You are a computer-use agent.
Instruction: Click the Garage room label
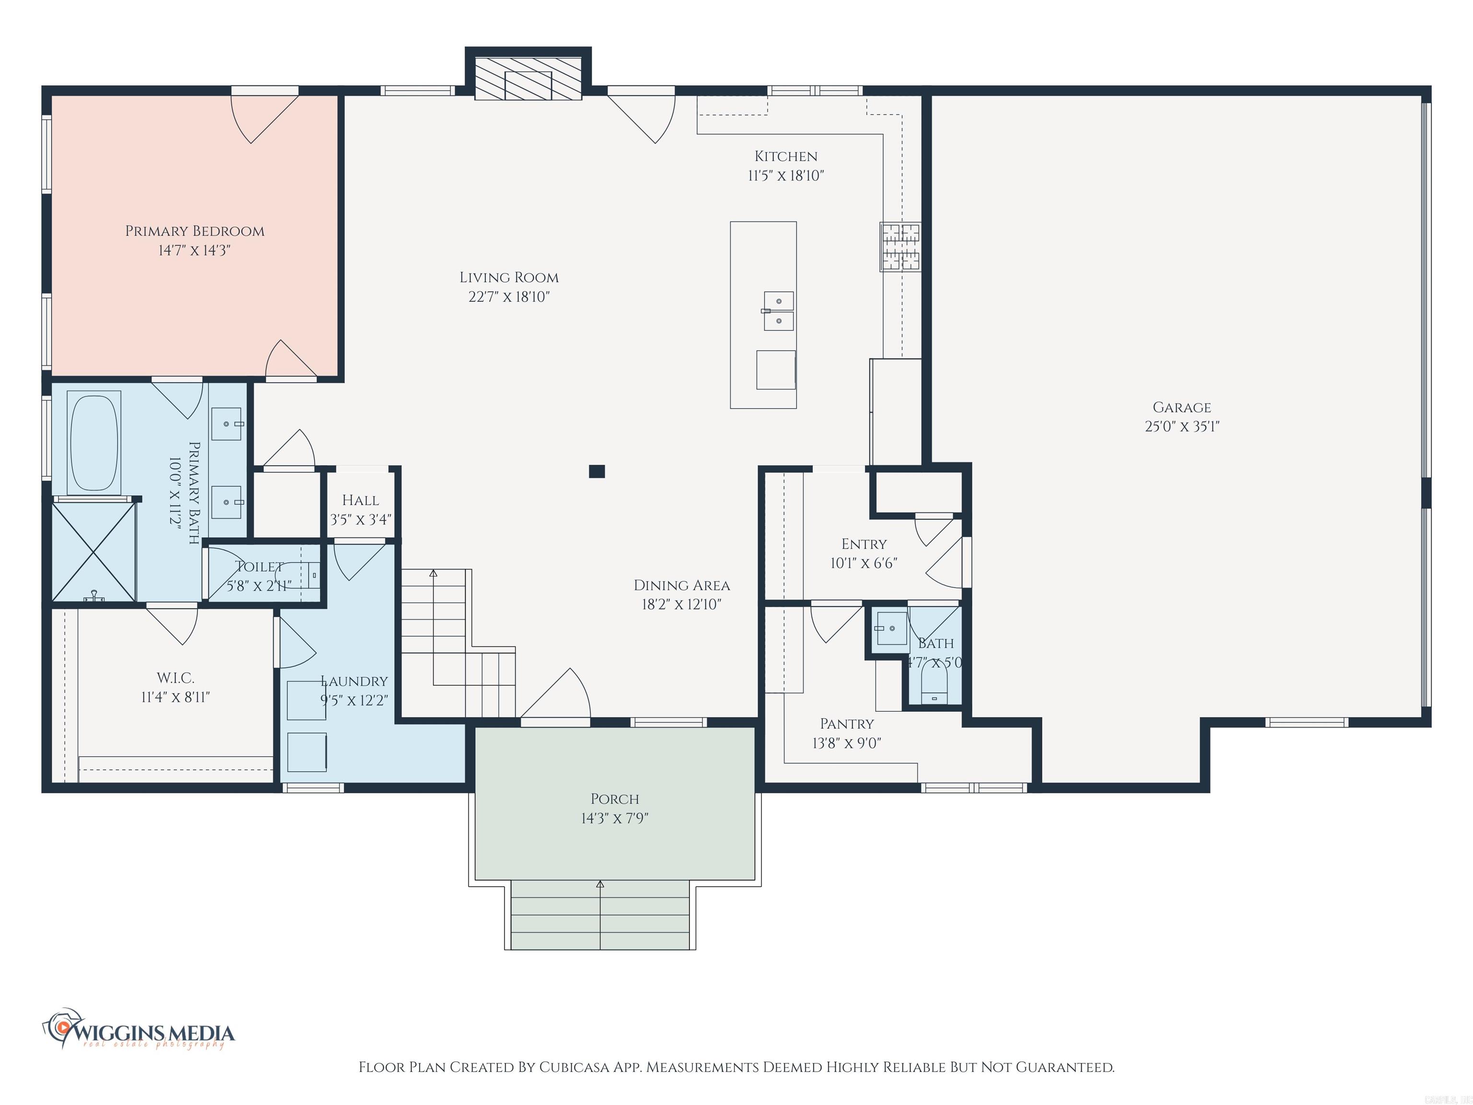tap(1181, 407)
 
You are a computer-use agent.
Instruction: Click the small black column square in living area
tap(596, 471)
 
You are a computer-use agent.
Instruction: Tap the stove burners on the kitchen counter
tap(900, 247)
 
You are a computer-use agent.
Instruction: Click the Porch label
tap(615, 799)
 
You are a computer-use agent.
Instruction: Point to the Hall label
tap(360, 500)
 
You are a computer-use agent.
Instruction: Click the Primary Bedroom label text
tap(195, 231)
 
